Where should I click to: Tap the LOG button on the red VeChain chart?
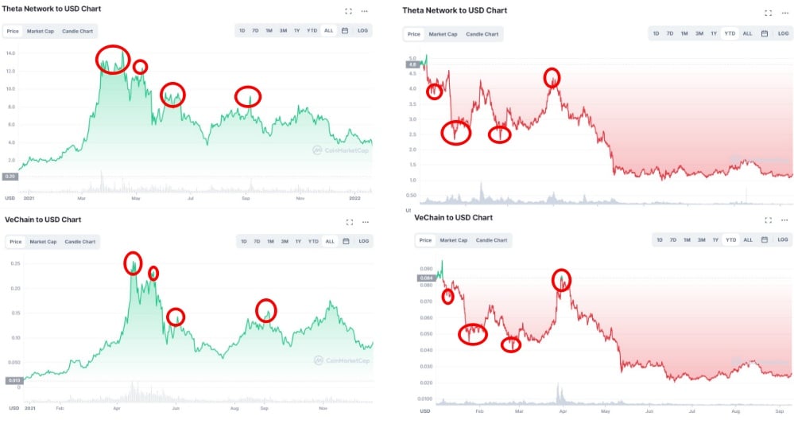click(x=783, y=239)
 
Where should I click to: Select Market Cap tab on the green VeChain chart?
click(x=41, y=241)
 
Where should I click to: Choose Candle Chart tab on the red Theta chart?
click(x=482, y=34)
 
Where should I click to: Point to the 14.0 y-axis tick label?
click(x=11, y=53)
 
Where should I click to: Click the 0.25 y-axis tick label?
click(x=13, y=263)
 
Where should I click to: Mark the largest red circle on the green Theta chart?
click(x=113, y=58)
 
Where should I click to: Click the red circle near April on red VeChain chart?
click(x=561, y=279)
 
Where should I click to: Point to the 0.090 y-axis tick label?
click(x=426, y=269)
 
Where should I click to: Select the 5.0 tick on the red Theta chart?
click(x=412, y=59)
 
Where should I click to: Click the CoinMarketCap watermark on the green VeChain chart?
click(x=341, y=360)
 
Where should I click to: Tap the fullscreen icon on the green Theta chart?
click(x=348, y=11)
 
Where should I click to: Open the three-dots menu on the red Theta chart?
click(x=784, y=14)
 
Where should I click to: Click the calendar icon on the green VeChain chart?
click(x=345, y=241)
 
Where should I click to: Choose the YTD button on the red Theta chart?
click(x=730, y=33)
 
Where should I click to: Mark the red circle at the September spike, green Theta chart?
click(x=249, y=96)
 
